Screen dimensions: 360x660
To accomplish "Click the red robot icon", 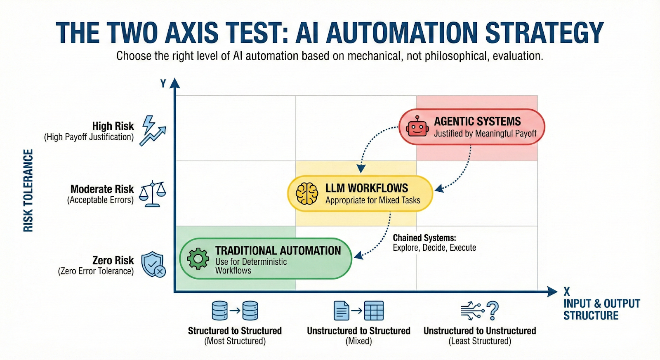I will point(417,126).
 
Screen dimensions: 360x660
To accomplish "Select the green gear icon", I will point(198,259).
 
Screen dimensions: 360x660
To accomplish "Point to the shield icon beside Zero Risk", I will point(153,264).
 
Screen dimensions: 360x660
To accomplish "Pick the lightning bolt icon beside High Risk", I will point(148,124).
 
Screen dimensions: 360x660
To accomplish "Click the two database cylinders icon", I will point(235,311).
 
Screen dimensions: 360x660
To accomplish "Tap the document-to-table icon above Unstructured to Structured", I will point(358,311).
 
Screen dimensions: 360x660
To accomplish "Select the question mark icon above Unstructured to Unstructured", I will point(493,311).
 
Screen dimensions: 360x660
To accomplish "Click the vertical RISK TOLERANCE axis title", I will point(28,191).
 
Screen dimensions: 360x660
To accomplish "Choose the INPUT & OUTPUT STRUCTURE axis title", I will point(601,309).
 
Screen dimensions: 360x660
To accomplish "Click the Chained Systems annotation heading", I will point(424,238).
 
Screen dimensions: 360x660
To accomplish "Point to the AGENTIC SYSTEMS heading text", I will point(477,121).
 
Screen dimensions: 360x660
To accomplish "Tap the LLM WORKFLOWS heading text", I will point(367,188).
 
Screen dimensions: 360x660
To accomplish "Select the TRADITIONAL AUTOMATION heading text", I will point(278,251).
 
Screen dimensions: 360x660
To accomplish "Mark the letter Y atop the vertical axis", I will point(163,84).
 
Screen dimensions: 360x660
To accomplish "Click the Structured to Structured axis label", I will point(235,331).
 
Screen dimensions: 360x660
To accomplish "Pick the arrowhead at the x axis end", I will point(553,292).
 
